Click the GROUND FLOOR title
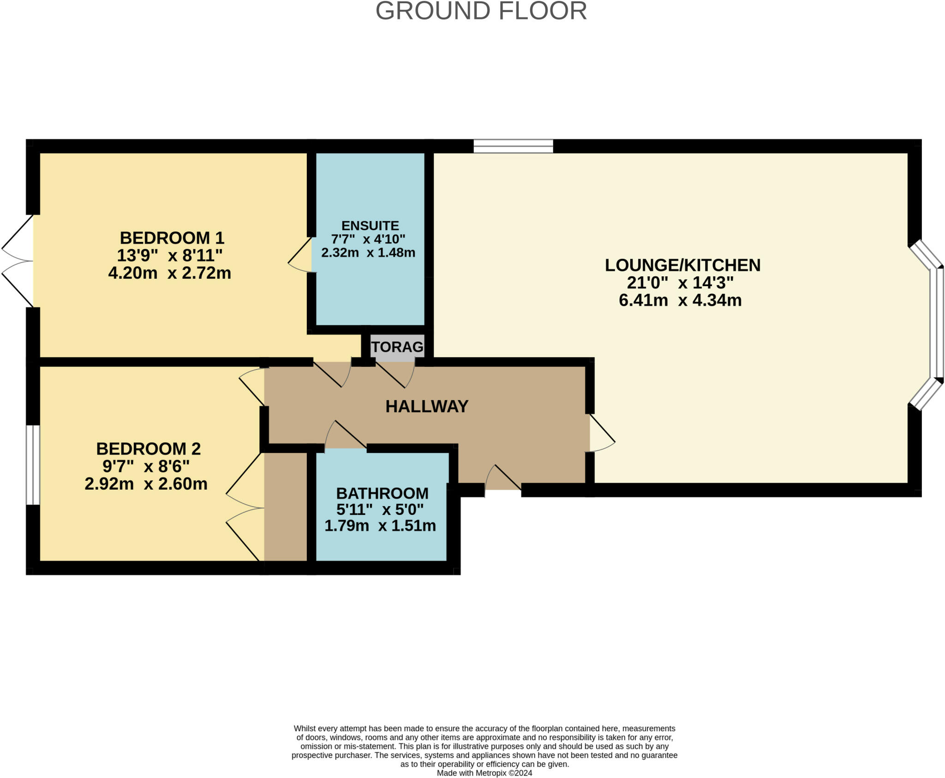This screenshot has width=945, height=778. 481,11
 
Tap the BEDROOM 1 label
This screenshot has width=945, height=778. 172,238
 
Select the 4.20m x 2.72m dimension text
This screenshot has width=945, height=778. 169,273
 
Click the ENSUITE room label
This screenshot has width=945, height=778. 370,226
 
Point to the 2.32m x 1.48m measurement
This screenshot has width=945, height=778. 368,253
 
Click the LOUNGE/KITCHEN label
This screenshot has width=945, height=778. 682,265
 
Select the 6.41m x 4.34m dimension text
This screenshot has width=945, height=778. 680,300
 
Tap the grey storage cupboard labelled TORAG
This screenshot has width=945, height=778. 397,347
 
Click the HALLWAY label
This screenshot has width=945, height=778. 427,407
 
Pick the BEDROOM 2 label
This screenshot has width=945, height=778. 148,449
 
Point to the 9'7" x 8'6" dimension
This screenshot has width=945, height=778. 146,467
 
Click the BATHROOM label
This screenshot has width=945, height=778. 382,494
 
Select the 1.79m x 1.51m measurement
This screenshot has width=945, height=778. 380,526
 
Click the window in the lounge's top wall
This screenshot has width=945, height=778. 513,146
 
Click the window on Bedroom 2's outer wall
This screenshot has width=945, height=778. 33,465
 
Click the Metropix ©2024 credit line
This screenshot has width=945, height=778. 484,773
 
